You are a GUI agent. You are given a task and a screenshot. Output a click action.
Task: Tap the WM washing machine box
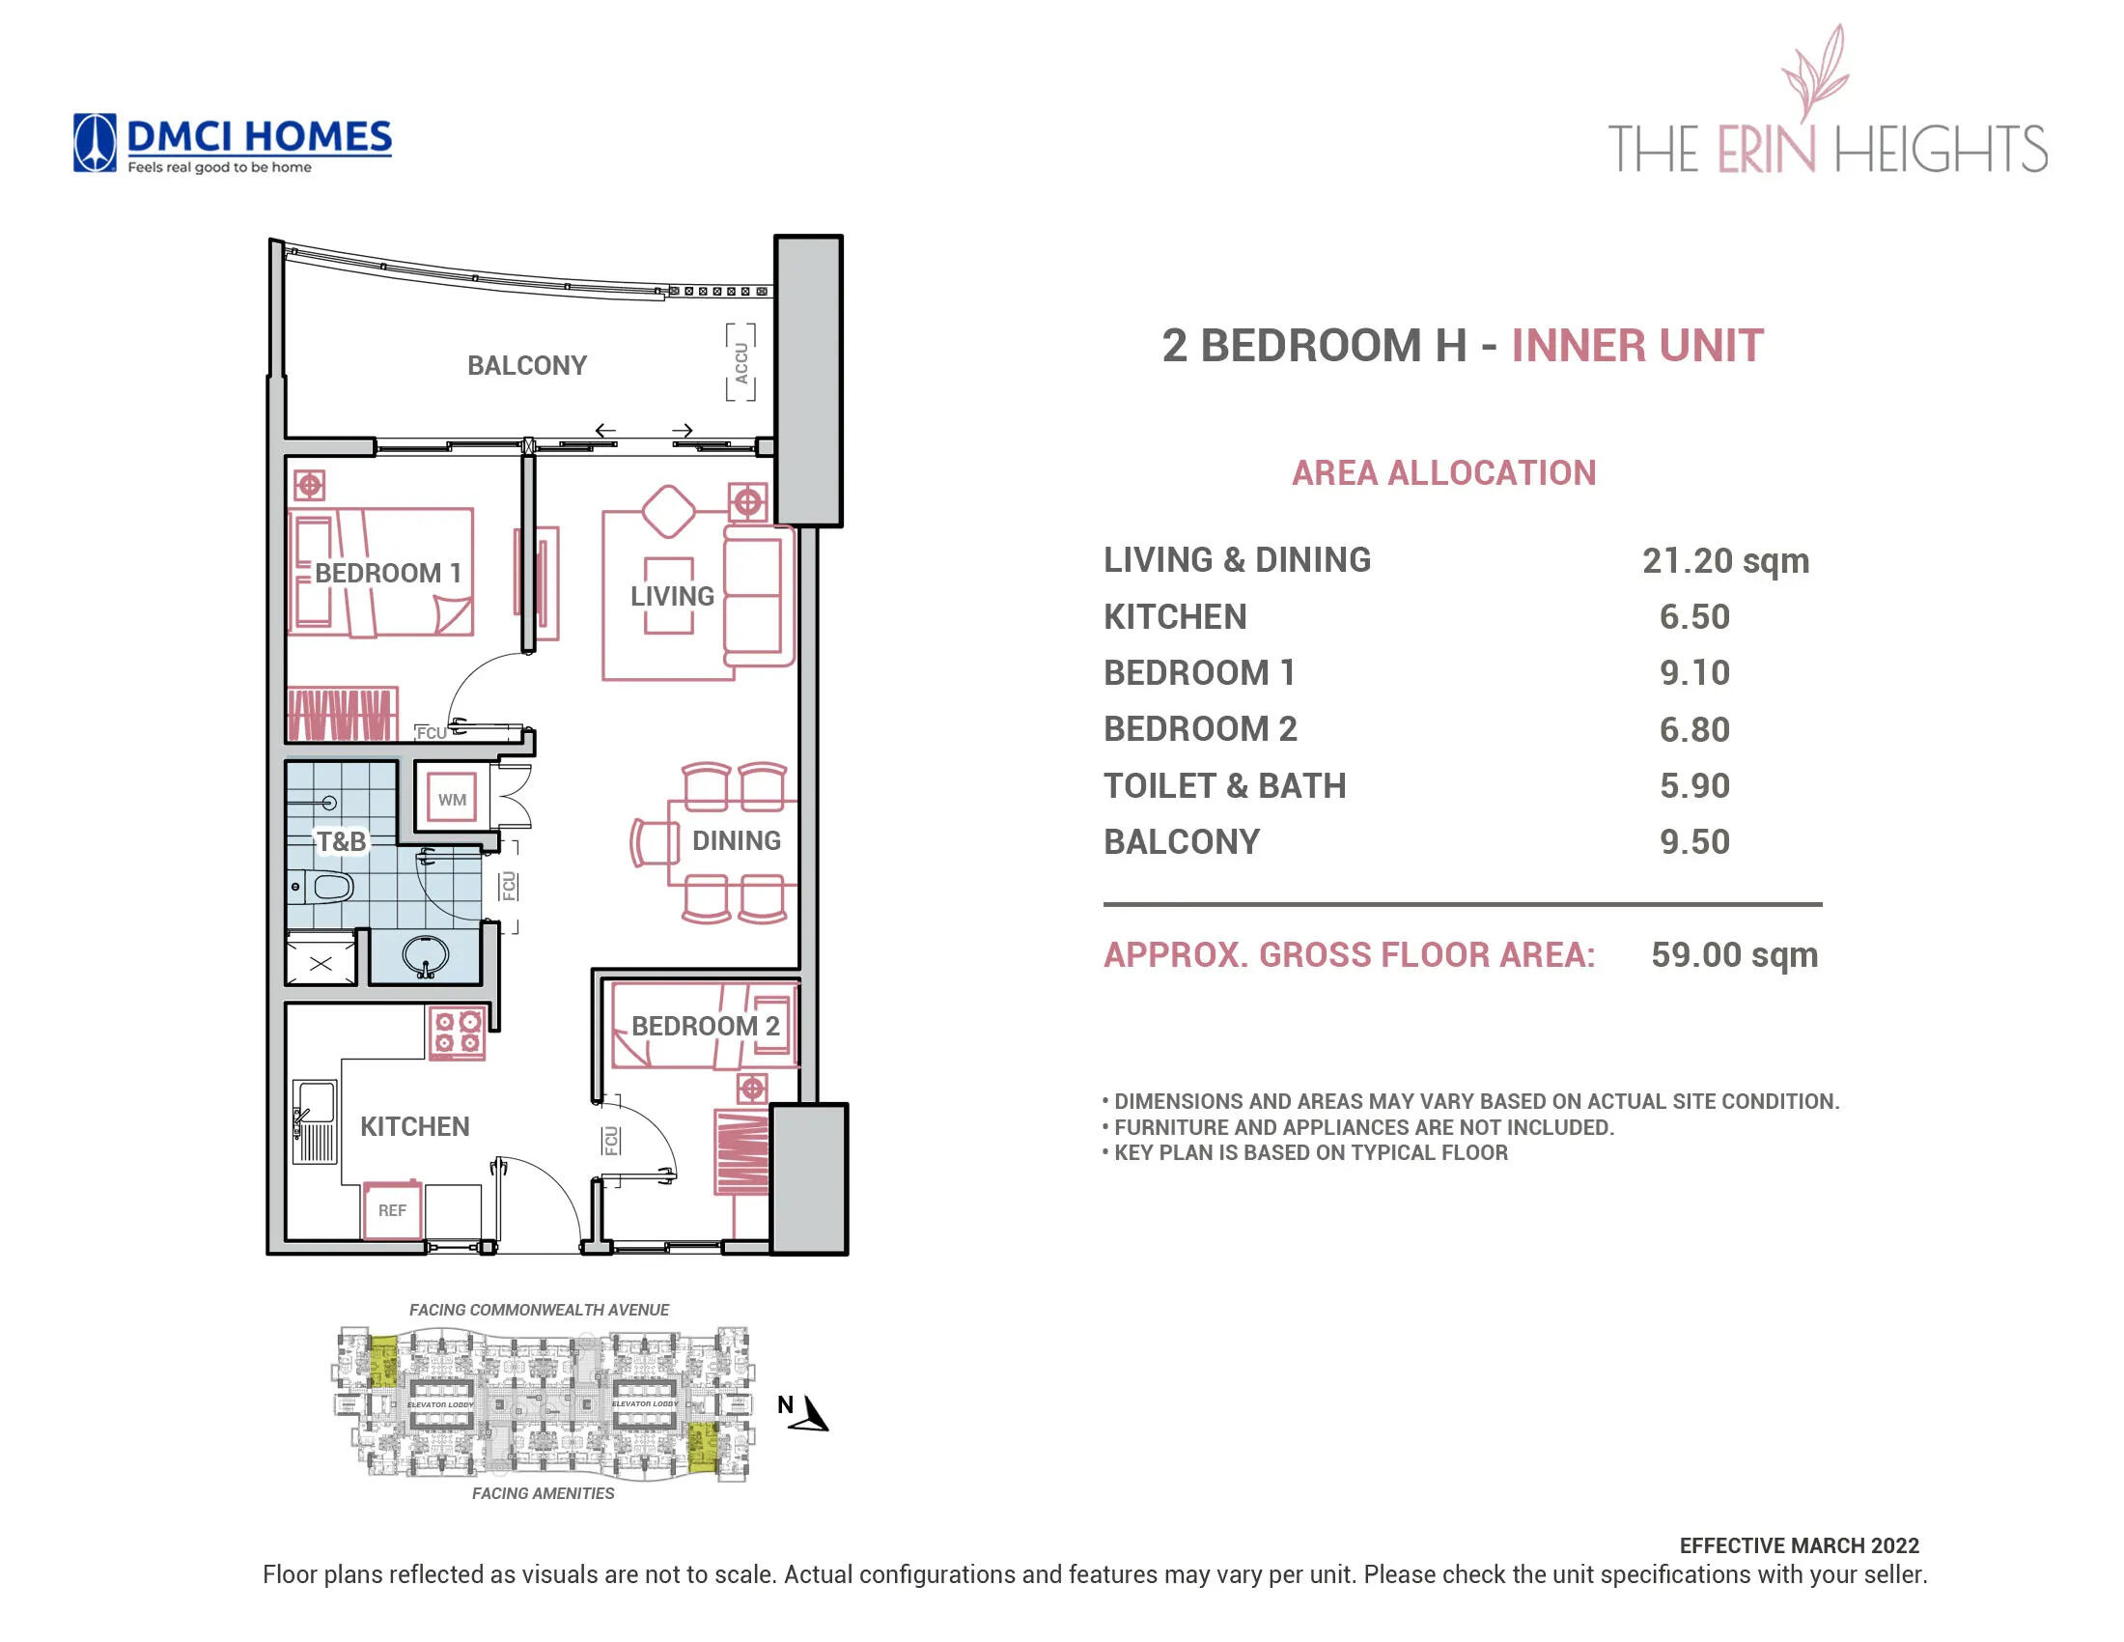point(451,799)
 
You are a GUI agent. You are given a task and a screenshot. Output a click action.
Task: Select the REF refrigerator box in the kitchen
point(392,1209)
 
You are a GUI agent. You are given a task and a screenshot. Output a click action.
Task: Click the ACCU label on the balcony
point(741,363)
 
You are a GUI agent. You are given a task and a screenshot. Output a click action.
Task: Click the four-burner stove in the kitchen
point(457,1033)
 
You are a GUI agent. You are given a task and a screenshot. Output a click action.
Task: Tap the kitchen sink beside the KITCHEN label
point(315,1120)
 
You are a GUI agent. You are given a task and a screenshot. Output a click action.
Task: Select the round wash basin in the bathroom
point(425,956)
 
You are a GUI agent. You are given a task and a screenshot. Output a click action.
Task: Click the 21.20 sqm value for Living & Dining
point(1724,560)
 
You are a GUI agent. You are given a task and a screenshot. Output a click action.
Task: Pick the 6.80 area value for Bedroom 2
point(1693,728)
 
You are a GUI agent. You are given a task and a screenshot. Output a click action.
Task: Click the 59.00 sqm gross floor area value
point(1733,954)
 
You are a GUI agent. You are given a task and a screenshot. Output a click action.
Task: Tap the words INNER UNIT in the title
point(1635,346)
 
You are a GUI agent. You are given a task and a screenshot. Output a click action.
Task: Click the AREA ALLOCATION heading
point(1443,472)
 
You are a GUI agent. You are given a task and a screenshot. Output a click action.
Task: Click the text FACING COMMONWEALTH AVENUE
point(539,1310)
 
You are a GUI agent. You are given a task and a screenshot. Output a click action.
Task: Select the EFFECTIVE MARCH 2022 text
point(1799,1544)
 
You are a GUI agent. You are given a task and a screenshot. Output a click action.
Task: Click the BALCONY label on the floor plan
point(526,365)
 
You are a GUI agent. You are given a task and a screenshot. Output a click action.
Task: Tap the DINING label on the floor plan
point(736,839)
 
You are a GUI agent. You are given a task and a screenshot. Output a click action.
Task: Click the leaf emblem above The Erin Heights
point(1814,73)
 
